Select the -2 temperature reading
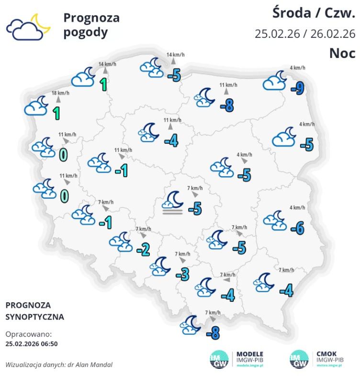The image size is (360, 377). [143, 249]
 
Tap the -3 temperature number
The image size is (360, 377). [182, 274]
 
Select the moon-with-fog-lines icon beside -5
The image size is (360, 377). [173, 203]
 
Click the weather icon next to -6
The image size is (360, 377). [274, 218]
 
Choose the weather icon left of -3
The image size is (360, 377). [160, 267]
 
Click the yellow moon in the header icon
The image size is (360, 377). [41, 24]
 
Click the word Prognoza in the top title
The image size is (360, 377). [91, 18]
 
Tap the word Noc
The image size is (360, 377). [342, 53]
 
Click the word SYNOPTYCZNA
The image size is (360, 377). [34, 317]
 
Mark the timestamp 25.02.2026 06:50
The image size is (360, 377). [32, 343]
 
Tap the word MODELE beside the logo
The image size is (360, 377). [250, 354]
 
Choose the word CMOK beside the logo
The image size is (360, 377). [327, 354]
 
